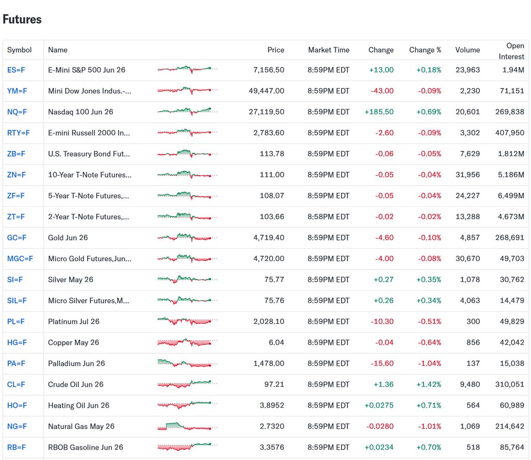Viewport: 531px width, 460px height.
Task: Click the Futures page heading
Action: pos(22,19)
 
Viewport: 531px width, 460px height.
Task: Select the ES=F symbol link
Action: pos(16,70)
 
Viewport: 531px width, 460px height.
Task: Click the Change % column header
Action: pos(425,50)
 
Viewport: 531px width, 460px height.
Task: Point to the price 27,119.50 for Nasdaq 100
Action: pos(266,112)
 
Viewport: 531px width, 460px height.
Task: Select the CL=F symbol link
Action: pos(16,385)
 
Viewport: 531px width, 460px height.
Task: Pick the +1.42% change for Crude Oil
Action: pos(428,385)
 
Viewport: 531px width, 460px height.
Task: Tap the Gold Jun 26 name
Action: pos(68,238)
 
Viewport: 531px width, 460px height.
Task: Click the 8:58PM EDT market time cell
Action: pos(328,217)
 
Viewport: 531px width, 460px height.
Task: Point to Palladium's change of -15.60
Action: pos(382,363)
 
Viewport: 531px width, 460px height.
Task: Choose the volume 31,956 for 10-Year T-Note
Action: pos(467,175)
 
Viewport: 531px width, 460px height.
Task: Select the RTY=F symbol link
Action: pos(18,133)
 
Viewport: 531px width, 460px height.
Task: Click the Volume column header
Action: pos(467,50)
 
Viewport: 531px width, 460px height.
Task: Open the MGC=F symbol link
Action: pos(20,259)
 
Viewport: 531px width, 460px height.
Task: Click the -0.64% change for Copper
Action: pos(429,343)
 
